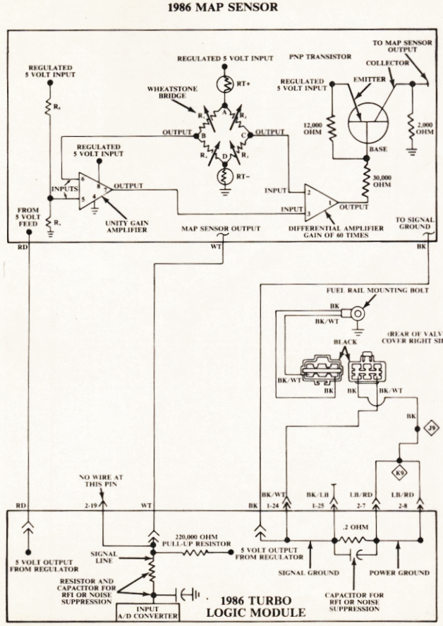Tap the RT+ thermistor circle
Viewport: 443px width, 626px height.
pos(225,83)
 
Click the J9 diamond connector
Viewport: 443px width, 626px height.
pos(432,428)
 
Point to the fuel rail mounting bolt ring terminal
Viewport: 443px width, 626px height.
pos(358,311)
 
